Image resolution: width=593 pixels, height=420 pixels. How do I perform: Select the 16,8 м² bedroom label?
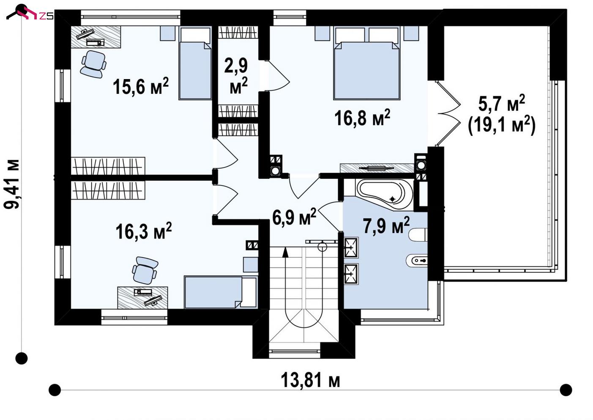[362, 118]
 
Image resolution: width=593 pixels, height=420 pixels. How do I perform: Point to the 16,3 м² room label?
[143, 231]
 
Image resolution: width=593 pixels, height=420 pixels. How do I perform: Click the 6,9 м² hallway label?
[294, 217]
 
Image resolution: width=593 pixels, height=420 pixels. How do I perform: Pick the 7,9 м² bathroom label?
[386, 225]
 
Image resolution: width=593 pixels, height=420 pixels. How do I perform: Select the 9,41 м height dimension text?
[12, 184]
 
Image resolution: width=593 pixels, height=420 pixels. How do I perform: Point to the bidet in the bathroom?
[416, 261]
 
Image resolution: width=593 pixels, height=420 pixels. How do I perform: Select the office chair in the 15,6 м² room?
[93, 64]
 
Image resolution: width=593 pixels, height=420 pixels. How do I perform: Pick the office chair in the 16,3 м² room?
[145, 270]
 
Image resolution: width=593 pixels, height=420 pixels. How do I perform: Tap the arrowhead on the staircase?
[285, 253]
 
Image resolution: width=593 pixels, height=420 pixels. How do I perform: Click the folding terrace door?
[449, 113]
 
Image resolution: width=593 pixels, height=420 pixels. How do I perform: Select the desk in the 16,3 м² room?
[142, 298]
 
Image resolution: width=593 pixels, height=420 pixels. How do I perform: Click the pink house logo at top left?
[24, 13]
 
